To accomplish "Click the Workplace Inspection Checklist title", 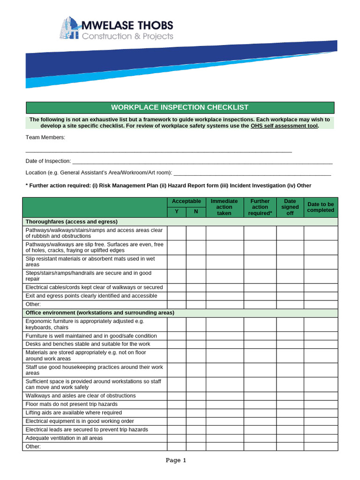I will tap(180, 107).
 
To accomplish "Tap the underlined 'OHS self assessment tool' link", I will tap(285, 126).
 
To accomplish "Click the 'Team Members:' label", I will tap(45, 137).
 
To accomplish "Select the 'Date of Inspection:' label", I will tap(48, 161).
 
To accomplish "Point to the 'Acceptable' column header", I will tap(186, 202).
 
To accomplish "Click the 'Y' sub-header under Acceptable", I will tap(177, 212).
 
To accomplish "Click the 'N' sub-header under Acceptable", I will tap(196, 212).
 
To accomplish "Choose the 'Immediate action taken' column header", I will tap(224, 207).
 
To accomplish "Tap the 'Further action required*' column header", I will tap(260, 207).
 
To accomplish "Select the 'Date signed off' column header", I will tap(290, 207).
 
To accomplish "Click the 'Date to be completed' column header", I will tap(321, 207).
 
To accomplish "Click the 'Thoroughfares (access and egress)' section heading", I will tap(72, 222).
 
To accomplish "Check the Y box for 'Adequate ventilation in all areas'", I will tap(177, 438).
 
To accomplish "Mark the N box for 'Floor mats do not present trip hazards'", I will tap(196, 404).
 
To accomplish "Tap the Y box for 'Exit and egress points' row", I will tap(177, 296).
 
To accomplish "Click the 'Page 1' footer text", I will tap(176, 460).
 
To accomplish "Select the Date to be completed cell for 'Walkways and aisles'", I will tap(321, 396).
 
